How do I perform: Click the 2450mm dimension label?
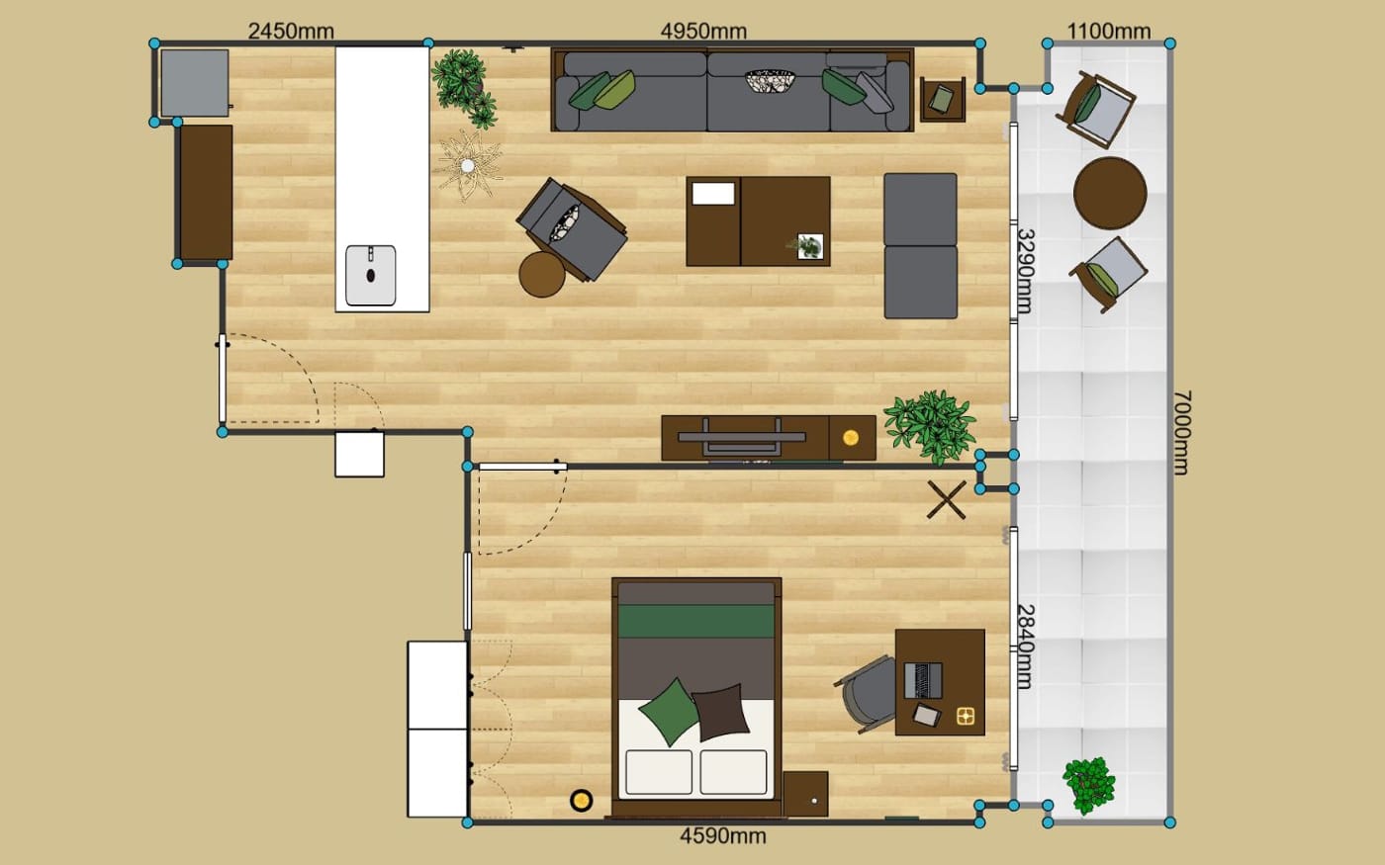pos(291,31)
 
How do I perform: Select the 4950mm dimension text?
pos(703,31)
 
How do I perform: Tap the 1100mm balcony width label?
pos(1109,31)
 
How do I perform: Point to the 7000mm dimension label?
pos(1181,433)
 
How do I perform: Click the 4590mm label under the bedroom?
pos(723,836)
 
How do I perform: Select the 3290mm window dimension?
pos(1026,271)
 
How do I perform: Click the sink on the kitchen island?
pos(370,275)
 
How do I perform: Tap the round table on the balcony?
pos(1110,194)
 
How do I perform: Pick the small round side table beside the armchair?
pos(542,275)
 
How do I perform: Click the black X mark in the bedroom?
pos(946,500)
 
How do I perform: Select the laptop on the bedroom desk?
pos(923,680)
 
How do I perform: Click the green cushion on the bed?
pos(670,712)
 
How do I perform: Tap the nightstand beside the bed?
pos(805,794)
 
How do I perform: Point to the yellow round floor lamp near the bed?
pos(582,800)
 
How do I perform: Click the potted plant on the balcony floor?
pos(1089,785)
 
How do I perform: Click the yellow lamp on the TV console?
pos(851,437)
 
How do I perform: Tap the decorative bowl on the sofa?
pos(770,81)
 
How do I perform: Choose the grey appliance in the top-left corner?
pos(195,83)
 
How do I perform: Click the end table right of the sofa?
pos(942,99)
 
